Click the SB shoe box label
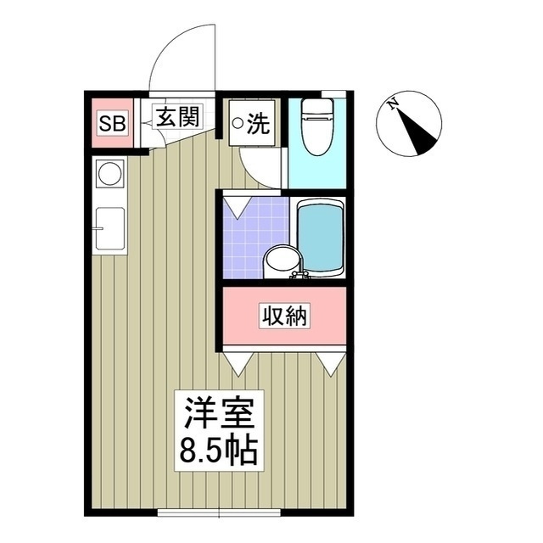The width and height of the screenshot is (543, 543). coord(111,124)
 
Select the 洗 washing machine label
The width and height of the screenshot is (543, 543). coord(258,125)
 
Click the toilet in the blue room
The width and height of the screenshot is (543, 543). coord(317,127)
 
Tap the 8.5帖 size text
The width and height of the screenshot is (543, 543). coord(216,451)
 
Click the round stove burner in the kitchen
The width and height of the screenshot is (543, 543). coord(110,175)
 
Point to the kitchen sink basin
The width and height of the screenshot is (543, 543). coord(110,229)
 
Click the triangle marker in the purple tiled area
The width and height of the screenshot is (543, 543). coord(235,205)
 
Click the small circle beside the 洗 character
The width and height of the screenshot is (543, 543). coord(238,125)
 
